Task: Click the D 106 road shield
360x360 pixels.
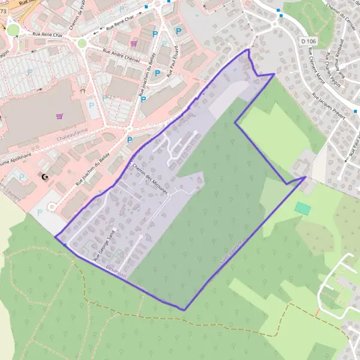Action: [307, 40]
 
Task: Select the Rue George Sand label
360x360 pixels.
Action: [104, 245]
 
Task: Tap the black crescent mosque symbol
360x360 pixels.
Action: [45, 177]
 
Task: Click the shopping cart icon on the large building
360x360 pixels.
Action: [59, 116]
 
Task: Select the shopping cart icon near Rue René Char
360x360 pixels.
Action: [133, 43]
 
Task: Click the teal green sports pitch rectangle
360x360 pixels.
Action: [303, 208]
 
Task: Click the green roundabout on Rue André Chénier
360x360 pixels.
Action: [82, 43]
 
